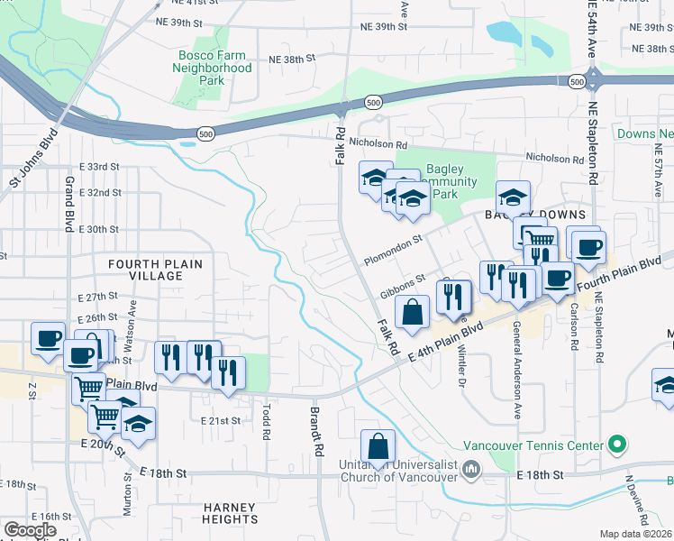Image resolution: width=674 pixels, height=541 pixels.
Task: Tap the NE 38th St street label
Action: tap(292, 60)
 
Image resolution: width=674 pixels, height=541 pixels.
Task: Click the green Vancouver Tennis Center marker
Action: tap(616, 445)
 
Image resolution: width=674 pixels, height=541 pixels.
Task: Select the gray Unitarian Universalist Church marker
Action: tap(471, 468)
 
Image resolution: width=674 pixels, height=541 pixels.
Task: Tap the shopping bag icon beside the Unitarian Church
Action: tap(378, 446)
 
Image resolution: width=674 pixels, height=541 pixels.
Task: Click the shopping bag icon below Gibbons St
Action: tap(413, 314)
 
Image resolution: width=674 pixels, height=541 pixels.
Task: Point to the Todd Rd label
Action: tap(266, 422)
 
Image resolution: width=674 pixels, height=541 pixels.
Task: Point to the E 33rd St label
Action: tap(99, 167)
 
